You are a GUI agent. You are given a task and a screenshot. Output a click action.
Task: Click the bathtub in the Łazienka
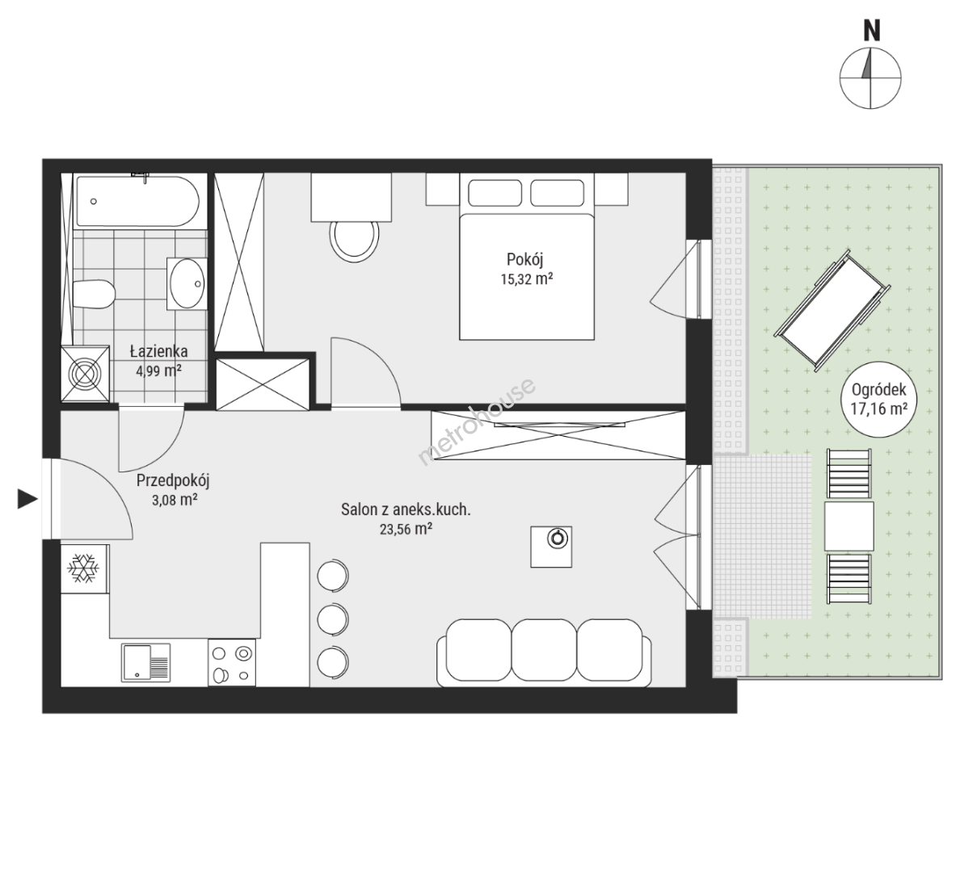pyautogui.click(x=137, y=202)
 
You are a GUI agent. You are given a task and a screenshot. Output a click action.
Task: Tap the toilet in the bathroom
pyautogui.click(x=94, y=295)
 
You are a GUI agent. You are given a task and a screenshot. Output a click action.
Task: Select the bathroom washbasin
pyautogui.click(x=187, y=284)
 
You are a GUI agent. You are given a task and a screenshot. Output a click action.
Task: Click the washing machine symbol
pyautogui.click(x=85, y=374)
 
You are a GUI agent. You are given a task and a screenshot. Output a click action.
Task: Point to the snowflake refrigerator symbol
pyautogui.click(x=84, y=568)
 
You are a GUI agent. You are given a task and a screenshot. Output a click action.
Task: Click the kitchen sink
pyautogui.click(x=145, y=662)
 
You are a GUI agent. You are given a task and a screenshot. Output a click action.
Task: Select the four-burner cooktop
pyautogui.click(x=231, y=663)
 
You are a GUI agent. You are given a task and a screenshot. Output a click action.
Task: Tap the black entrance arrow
pyautogui.click(x=27, y=499)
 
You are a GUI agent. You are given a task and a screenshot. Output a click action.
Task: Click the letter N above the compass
pyautogui.click(x=872, y=31)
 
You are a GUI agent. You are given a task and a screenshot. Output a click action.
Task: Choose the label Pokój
pyautogui.click(x=524, y=259)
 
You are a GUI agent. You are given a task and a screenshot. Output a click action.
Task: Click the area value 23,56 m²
pyautogui.click(x=406, y=530)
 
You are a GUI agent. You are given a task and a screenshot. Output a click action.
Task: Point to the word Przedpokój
pyautogui.click(x=173, y=481)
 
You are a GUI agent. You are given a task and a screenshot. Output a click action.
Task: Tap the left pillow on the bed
pyautogui.click(x=495, y=193)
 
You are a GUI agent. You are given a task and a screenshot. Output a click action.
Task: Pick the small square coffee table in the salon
pyautogui.click(x=551, y=547)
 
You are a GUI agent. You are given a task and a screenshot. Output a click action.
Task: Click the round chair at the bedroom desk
pyautogui.click(x=355, y=240)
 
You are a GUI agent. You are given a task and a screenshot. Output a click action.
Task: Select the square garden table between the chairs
pyautogui.click(x=848, y=526)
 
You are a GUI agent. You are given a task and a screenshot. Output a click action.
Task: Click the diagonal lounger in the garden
pyautogui.click(x=833, y=310)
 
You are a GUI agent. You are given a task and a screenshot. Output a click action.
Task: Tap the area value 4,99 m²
pyautogui.click(x=158, y=371)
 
